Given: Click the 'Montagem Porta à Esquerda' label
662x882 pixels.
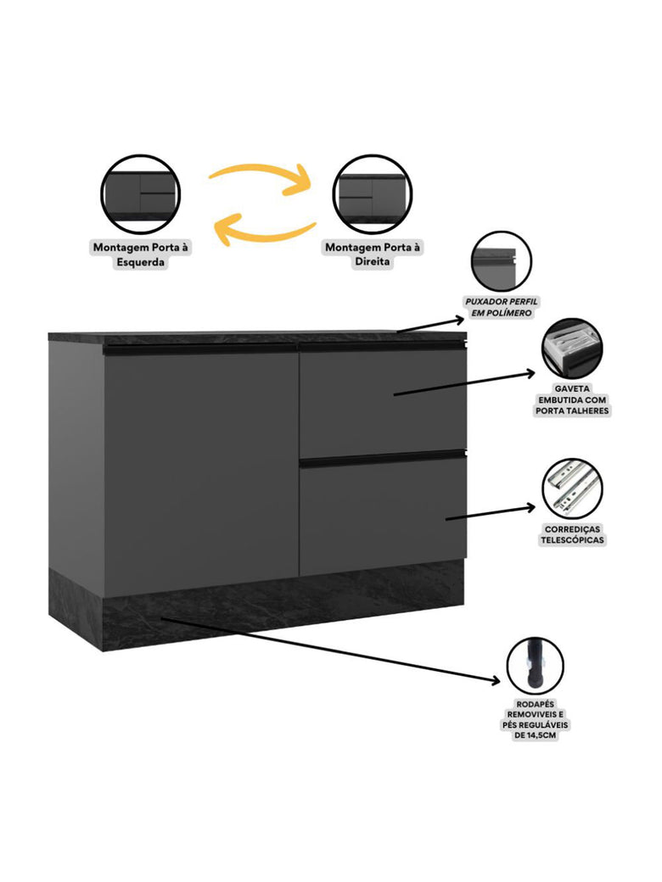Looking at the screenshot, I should (x=140, y=254).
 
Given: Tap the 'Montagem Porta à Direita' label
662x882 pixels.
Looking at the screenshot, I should (x=373, y=254).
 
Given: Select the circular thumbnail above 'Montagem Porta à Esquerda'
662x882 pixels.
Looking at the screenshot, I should (x=140, y=193).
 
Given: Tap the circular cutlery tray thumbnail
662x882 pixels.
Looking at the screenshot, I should (x=572, y=349).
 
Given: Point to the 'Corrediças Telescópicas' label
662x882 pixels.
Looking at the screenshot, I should (x=573, y=534).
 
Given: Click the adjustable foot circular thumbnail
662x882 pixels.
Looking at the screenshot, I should (x=536, y=667).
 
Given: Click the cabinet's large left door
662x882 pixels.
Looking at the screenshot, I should (x=200, y=471).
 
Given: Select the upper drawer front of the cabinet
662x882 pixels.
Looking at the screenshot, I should (x=382, y=400).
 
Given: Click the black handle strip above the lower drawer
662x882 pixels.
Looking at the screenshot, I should (x=382, y=459).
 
